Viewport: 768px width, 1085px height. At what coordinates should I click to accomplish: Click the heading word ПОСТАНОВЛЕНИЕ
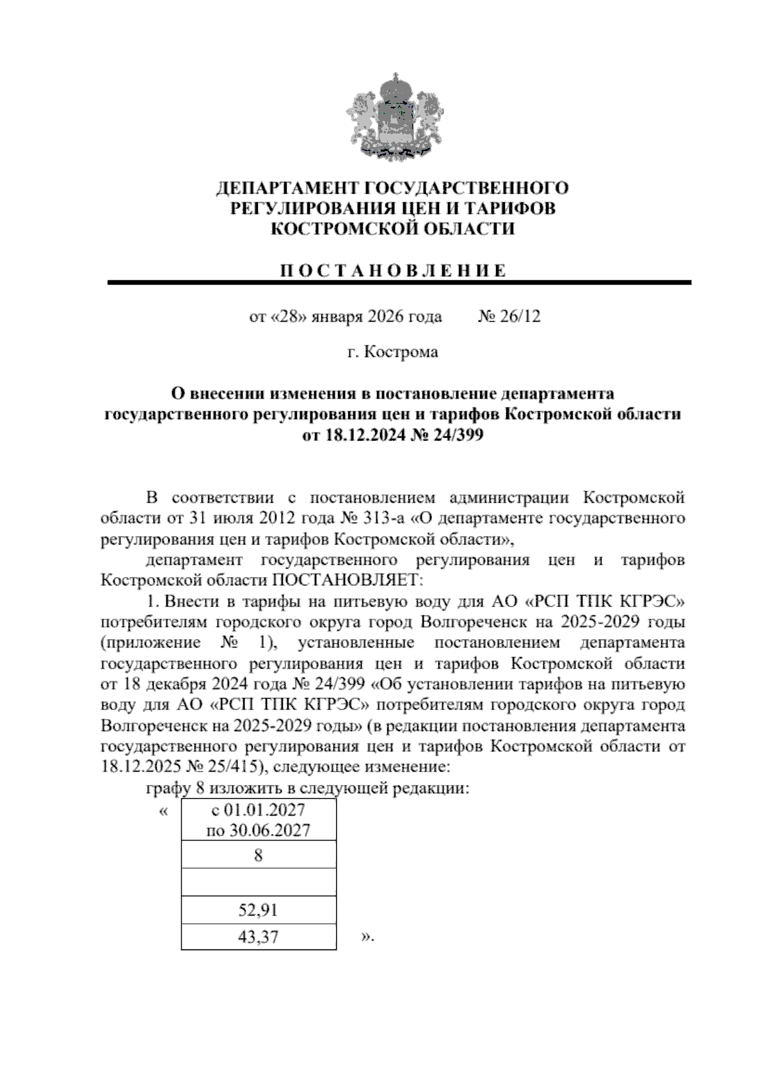click(x=392, y=271)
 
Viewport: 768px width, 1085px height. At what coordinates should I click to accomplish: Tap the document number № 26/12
click(x=509, y=317)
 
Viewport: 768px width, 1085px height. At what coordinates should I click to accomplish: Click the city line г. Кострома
click(x=392, y=352)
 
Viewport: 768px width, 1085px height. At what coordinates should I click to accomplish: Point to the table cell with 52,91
click(x=259, y=910)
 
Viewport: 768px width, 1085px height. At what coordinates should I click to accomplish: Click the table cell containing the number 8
click(x=259, y=855)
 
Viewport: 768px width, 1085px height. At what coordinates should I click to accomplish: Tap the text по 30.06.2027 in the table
click(x=259, y=830)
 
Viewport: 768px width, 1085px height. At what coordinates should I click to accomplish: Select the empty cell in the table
click(x=259, y=882)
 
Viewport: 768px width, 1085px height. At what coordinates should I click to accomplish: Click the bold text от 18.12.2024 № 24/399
click(x=392, y=436)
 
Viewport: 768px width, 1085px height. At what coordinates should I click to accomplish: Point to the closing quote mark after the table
click(x=367, y=938)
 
